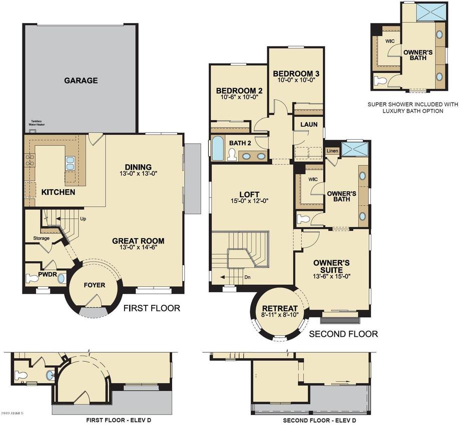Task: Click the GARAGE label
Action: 81,81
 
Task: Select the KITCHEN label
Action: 58,192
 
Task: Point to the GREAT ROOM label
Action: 138,241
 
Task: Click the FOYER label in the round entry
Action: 94,285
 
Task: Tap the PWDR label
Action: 34,275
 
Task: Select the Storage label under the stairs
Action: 41,238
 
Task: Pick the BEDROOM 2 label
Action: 239,91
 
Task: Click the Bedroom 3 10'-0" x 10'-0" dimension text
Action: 296,80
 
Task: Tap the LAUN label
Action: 308,125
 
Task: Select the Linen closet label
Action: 331,151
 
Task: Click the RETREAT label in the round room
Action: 280,308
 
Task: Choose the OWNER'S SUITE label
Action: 331,266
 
